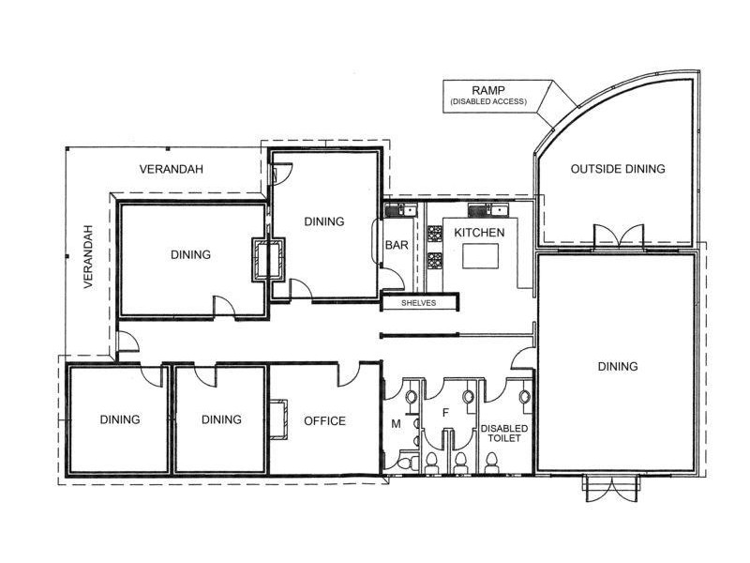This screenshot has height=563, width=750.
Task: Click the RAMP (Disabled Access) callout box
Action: [487, 96]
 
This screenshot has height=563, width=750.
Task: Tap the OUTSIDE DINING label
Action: [618, 169]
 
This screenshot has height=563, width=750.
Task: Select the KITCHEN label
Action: [479, 232]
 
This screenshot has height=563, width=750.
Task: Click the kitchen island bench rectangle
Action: [480, 256]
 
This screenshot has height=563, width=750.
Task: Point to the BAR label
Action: [395, 246]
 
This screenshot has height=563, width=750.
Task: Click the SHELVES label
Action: [418, 303]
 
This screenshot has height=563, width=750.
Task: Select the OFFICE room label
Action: [324, 420]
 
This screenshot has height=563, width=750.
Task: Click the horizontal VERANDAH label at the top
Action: [172, 169]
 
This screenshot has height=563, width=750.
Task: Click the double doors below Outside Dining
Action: [618, 237]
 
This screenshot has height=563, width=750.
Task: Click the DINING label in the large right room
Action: [617, 366]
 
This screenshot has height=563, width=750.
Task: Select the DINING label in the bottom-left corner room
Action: [120, 419]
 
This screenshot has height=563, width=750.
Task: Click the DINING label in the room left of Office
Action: [221, 419]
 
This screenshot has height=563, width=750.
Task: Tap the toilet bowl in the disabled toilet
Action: [491, 460]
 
